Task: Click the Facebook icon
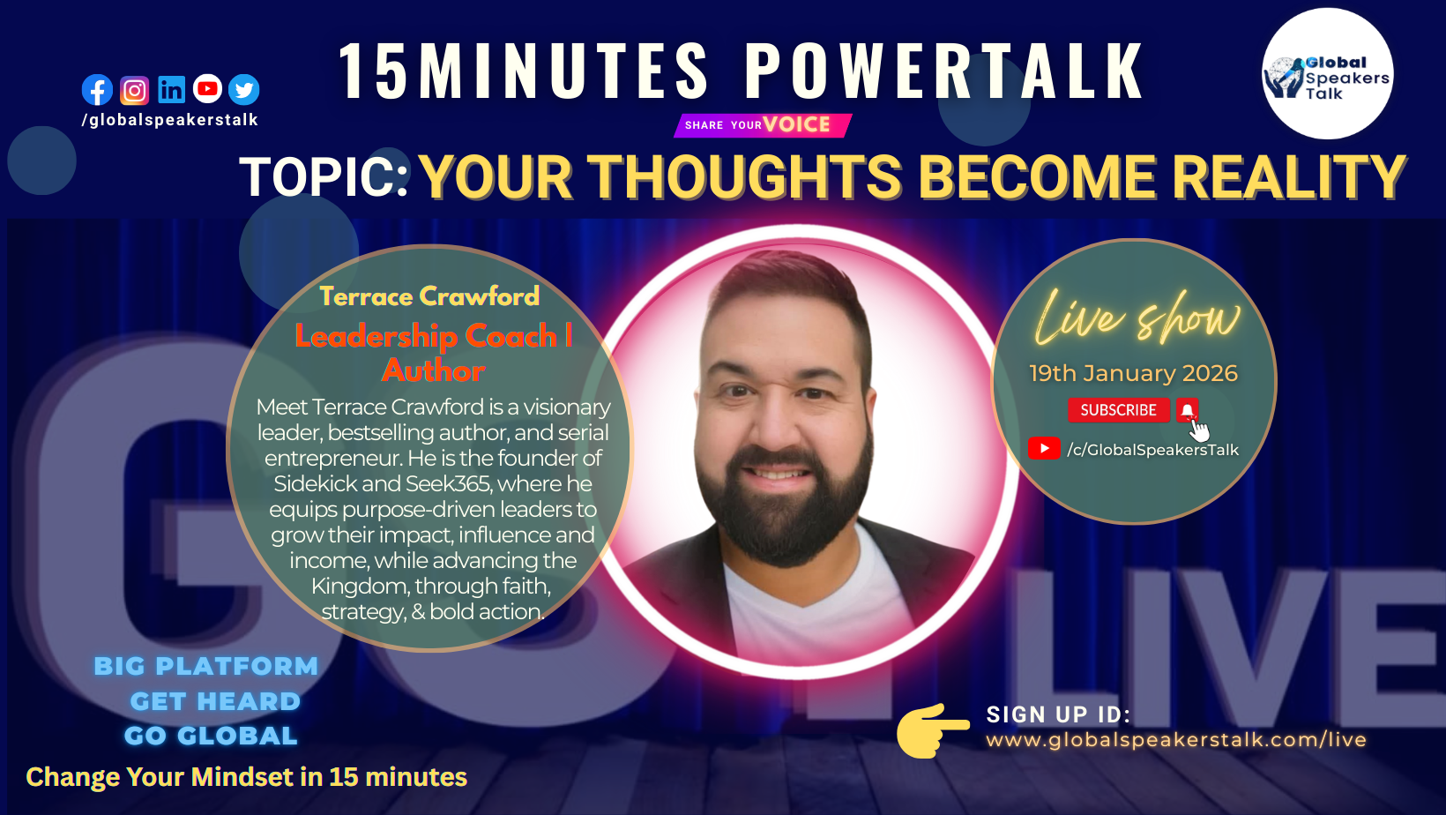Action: point(98,90)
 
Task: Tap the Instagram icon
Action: point(134,91)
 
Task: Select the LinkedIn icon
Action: point(171,90)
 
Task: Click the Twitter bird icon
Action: point(244,90)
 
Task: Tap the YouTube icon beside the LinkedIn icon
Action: point(207,89)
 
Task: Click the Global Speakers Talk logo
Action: point(1327,73)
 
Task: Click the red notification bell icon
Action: point(1187,410)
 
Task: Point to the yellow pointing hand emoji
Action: point(933,730)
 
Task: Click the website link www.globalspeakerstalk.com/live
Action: point(1176,739)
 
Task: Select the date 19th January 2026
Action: point(1134,373)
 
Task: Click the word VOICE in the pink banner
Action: point(796,124)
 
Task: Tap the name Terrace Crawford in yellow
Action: point(429,296)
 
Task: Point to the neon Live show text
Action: point(1137,318)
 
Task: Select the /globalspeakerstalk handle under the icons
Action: point(170,120)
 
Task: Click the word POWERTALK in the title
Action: point(943,71)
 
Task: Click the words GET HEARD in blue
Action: point(215,701)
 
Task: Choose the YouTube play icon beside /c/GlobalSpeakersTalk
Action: point(1044,448)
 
